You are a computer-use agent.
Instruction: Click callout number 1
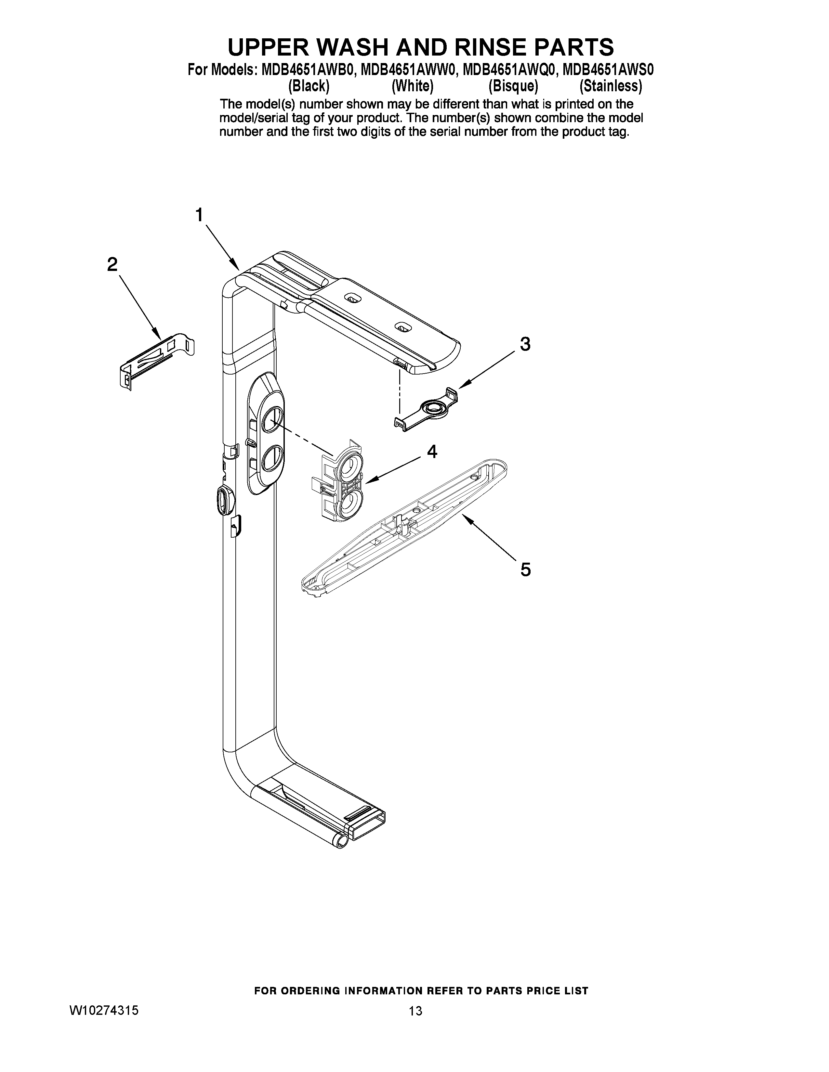pos(199,215)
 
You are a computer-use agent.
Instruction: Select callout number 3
pos(525,344)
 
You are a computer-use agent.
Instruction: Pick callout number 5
pos(525,569)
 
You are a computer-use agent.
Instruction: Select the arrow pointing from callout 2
pos(140,306)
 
